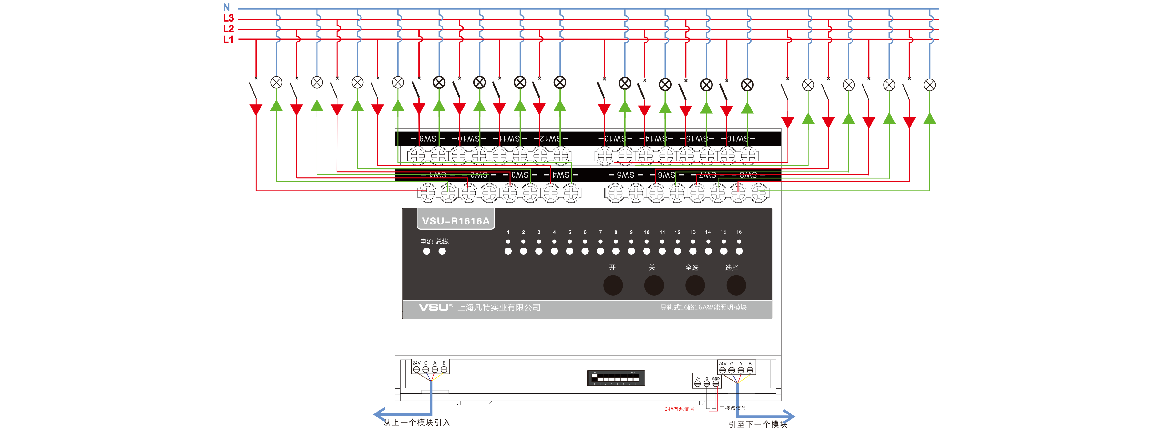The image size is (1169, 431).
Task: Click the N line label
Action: pyautogui.click(x=226, y=7)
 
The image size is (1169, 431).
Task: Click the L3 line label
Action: pyautogui.click(x=228, y=18)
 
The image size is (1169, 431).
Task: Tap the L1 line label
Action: pyautogui.click(x=228, y=39)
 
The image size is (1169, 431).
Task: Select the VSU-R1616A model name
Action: pyautogui.click(x=456, y=221)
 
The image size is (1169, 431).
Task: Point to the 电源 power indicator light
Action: pyautogui.click(x=427, y=251)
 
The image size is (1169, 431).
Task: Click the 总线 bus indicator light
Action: pyautogui.click(x=442, y=251)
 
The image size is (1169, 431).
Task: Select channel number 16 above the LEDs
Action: pyautogui.click(x=739, y=232)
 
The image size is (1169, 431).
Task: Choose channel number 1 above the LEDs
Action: pyautogui.click(x=508, y=232)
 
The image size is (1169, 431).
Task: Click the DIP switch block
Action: pyautogui.click(x=616, y=378)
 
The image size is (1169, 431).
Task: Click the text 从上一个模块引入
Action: pyautogui.click(x=416, y=422)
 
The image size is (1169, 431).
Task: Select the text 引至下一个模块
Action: pyautogui.click(x=758, y=424)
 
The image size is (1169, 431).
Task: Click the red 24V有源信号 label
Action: pyautogui.click(x=679, y=409)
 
